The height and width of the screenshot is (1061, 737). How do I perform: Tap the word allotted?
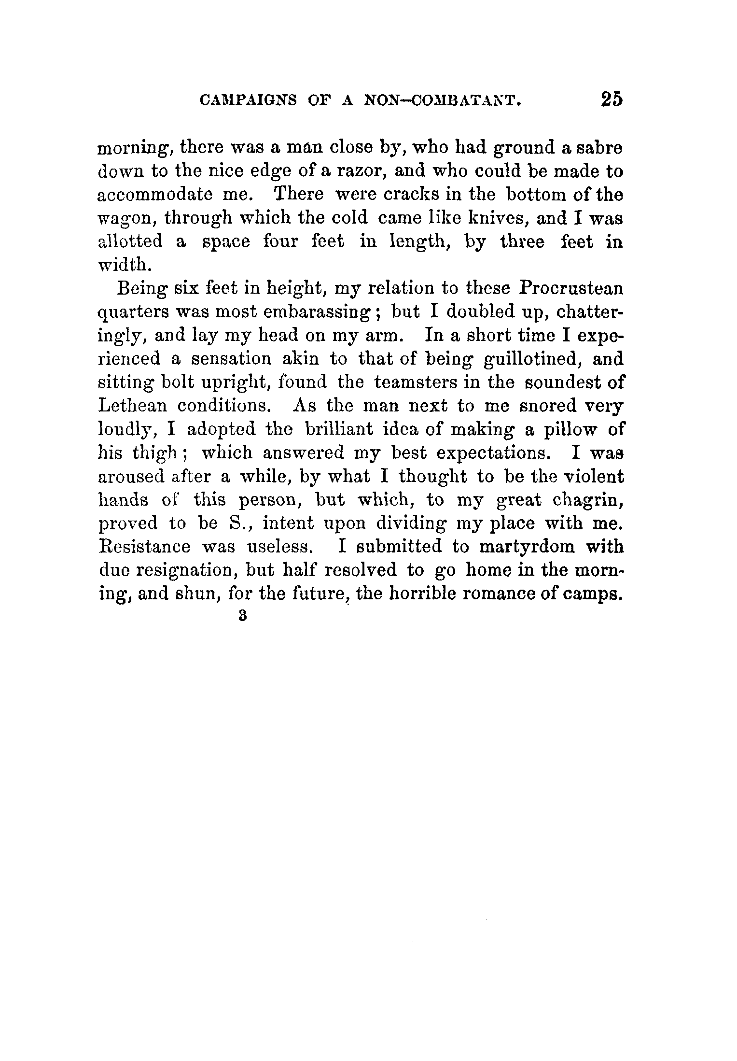[x=130, y=241]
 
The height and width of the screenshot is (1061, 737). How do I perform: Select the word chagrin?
[x=587, y=500]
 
